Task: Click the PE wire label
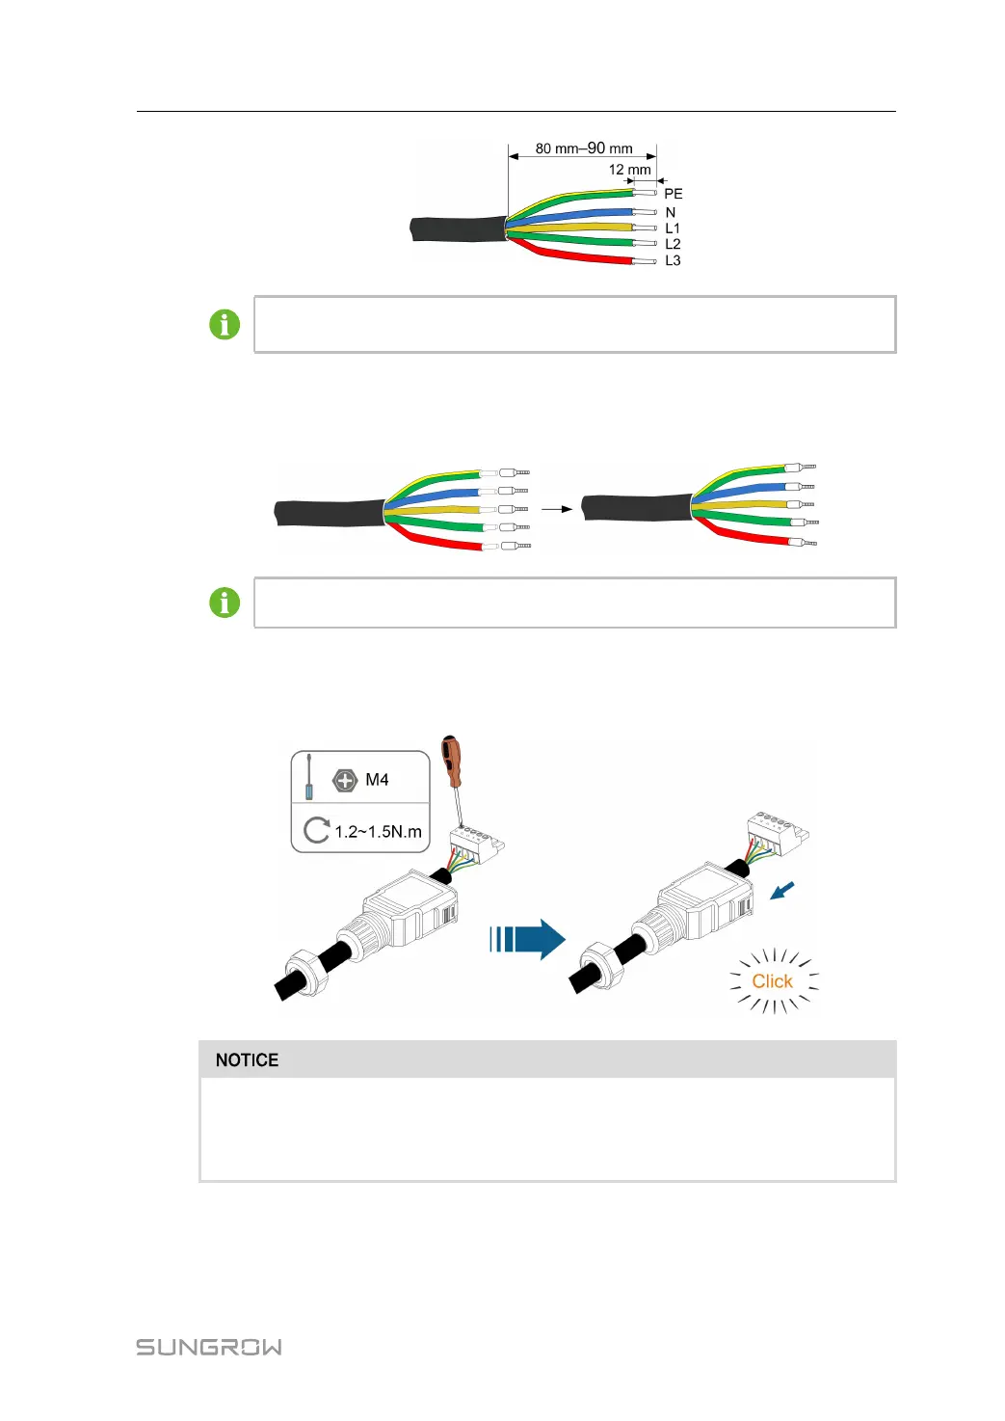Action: (x=673, y=194)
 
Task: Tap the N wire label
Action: (x=671, y=212)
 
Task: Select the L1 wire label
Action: (x=673, y=228)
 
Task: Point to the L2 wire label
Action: (x=673, y=244)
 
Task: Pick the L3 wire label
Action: (x=673, y=260)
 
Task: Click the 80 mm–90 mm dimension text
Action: (x=584, y=148)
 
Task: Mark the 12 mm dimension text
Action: (x=629, y=170)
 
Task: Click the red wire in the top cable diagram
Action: (x=578, y=256)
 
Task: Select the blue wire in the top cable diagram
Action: (x=578, y=213)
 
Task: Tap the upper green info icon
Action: (x=225, y=325)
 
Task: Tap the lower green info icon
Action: (x=225, y=603)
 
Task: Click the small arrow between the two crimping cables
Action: (x=556, y=508)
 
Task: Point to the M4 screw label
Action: (x=377, y=780)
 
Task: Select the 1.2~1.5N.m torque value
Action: (x=378, y=831)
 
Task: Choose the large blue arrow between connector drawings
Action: (x=527, y=939)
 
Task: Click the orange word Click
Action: (x=772, y=981)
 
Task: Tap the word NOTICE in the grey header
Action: (x=247, y=1060)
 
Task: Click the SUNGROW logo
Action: (x=209, y=1347)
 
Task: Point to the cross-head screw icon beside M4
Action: (x=344, y=780)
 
